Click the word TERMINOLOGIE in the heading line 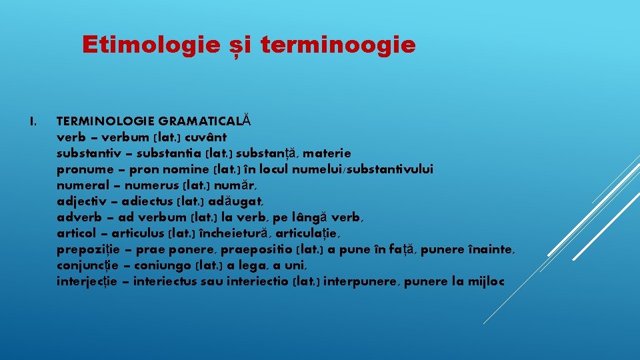[107, 121]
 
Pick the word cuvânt [207, 137]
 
